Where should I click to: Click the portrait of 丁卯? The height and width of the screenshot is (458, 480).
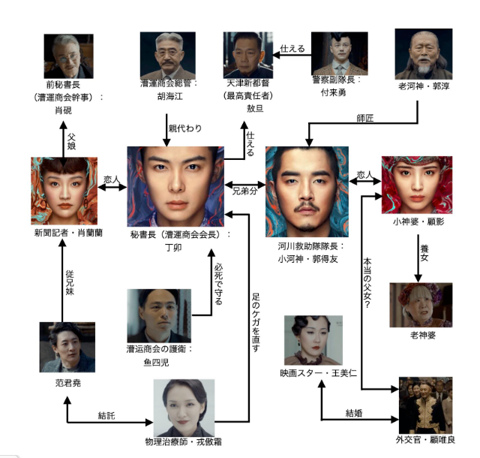pyautogui.click(x=175, y=186)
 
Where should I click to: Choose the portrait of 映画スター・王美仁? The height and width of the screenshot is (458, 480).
pyautogui.click(x=313, y=340)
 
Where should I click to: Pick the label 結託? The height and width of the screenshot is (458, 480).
pyautogui.click(x=106, y=414)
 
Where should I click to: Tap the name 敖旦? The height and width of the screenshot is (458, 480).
pyautogui.click(x=256, y=107)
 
